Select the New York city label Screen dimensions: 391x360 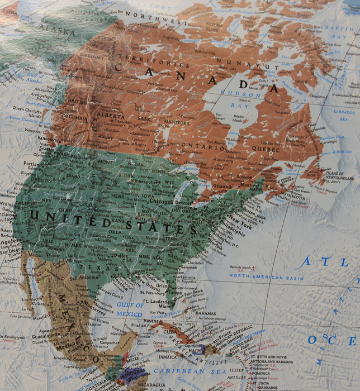240,221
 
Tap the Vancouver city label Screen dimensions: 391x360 46,137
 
